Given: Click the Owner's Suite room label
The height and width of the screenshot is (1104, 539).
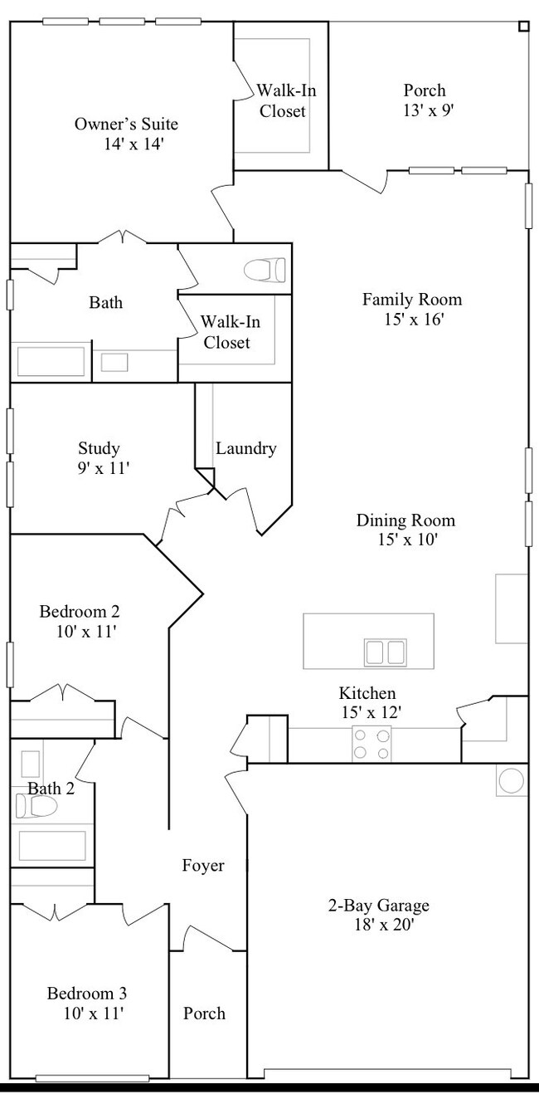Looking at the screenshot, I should (x=126, y=125).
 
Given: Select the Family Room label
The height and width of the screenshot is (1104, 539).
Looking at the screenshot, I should (x=411, y=300).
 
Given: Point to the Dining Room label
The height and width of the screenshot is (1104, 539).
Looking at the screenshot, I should (x=405, y=520).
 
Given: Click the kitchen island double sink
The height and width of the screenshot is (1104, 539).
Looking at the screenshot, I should (x=386, y=652).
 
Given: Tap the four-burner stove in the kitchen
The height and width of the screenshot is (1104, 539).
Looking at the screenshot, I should (x=371, y=744).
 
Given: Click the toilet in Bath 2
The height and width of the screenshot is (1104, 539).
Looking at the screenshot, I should (x=35, y=806).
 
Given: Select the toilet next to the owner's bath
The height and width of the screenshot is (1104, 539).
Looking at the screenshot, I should (x=266, y=270).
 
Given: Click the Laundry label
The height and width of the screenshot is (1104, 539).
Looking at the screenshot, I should (x=245, y=449).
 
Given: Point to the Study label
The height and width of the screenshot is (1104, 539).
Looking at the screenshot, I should (x=100, y=449).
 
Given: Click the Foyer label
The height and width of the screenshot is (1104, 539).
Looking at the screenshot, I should (x=203, y=866).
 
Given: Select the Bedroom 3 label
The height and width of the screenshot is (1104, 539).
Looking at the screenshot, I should (x=86, y=994).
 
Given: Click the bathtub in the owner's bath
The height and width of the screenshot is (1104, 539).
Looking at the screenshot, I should (x=51, y=362).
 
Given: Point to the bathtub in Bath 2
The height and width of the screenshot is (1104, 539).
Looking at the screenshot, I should (x=51, y=846).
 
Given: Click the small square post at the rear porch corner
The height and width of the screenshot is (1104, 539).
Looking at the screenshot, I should (x=523, y=26).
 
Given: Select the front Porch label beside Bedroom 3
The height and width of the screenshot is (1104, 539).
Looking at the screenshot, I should (x=204, y=1014).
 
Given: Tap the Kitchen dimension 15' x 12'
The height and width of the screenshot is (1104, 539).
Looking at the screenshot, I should (x=367, y=712).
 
